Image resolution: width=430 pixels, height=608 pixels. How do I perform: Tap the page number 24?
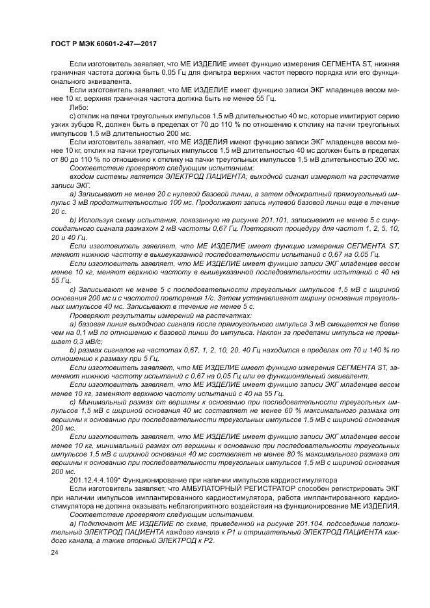point(54,553)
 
